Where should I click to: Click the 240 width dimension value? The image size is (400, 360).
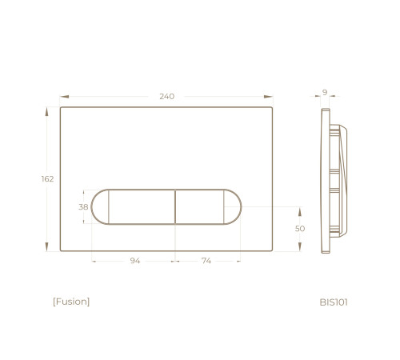(x=167, y=96)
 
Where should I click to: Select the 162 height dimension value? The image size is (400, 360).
(x=47, y=179)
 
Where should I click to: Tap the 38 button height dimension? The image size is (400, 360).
(x=83, y=207)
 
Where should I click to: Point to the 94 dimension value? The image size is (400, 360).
(x=135, y=261)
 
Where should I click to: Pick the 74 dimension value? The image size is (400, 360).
(x=206, y=261)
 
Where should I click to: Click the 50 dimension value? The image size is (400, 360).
(x=300, y=229)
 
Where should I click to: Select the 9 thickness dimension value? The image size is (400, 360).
(x=325, y=92)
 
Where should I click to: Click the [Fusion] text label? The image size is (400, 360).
(x=71, y=302)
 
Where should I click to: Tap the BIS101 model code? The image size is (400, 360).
(x=334, y=302)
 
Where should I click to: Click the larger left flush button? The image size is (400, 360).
(x=142, y=206)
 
